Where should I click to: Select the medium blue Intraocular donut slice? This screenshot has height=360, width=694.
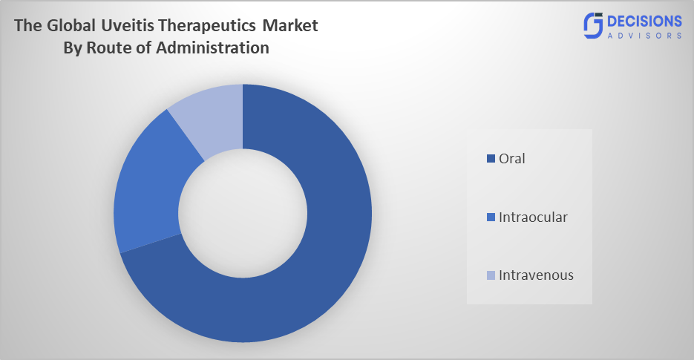tap(148, 200)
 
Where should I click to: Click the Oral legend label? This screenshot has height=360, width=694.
tap(512, 158)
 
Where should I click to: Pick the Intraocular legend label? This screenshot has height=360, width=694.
tap(533, 217)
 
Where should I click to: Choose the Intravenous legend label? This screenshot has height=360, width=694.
tap(536, 275)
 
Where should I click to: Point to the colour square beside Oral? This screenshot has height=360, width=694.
tap(490, 159)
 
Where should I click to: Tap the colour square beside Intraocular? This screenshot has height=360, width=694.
tap(490, 217)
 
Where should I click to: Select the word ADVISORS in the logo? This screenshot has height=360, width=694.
tap(644, 35)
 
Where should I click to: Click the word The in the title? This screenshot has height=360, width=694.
tap(28, 26)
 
